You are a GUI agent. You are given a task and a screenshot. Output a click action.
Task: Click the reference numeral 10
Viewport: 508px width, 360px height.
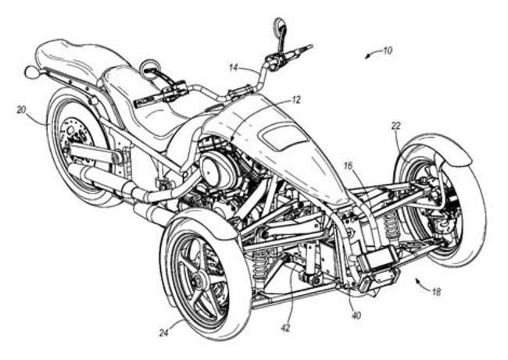387,52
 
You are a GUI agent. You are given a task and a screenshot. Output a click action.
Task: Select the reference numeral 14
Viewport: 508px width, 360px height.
233,68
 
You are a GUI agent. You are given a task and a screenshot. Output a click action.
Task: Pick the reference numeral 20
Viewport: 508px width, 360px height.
21,110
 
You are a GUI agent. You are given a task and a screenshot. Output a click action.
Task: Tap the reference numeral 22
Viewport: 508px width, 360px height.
396,126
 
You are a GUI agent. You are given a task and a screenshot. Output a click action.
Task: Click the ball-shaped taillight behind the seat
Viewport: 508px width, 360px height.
30,73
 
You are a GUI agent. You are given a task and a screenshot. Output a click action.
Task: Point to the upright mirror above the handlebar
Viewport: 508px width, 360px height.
279,29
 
